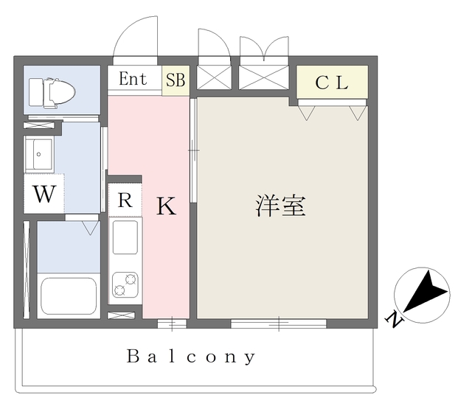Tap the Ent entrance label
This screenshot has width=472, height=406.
[x=133, y=79]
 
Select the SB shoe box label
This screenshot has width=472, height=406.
[x=176, y=80]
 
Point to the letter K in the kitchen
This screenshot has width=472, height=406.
[x=167, y=208]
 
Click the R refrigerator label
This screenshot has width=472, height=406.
[x=125, y=199]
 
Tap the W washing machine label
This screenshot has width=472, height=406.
[x=44, y=195]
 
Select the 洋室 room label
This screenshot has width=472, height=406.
[x=280, y=206]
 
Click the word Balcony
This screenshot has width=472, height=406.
[x=191, y=357]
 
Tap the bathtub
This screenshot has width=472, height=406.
[x=69, y=295]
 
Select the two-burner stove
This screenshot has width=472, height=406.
[x=125, y=284]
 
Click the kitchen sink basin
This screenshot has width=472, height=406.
[x=125, y=239]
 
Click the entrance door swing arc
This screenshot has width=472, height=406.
[x=135, y=37]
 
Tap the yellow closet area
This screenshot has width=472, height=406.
[x=332, y=83]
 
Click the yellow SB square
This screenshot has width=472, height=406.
[x=176, y=80]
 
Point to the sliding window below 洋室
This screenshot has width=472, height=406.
[x=278, y=323]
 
